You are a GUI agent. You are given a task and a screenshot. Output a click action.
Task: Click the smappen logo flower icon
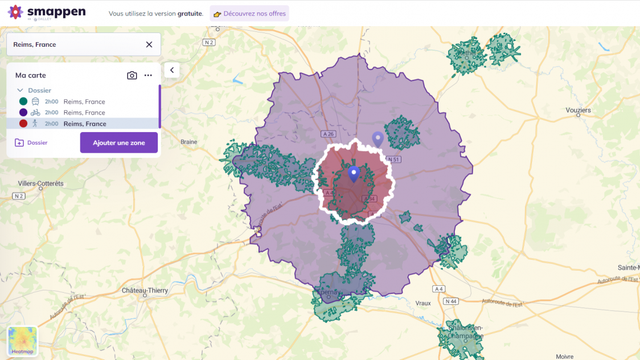coord(15,12)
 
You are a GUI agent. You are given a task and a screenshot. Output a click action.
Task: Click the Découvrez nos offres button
coord(249,13)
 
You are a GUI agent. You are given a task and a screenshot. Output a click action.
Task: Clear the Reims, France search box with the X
coord(149,44)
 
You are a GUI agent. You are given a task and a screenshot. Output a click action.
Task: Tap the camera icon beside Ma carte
coord(132,75)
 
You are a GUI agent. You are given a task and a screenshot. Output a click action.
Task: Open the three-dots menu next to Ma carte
coord(148,75)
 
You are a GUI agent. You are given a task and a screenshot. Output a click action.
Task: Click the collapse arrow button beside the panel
coord(172,70)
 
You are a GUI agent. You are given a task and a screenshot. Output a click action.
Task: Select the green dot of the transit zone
coord(23,101)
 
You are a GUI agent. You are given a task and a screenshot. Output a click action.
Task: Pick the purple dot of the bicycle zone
coord(23,112)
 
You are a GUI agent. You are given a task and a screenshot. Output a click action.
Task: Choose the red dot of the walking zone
coord(23,124)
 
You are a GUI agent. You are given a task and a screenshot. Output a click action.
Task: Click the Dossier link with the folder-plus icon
coord(31,142)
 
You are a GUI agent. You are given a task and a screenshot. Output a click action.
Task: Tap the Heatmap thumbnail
coord(22,341)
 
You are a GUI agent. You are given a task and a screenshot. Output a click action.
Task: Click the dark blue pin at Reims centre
coord(354,173)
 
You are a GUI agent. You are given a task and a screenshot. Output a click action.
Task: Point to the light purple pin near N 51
coord(378,138)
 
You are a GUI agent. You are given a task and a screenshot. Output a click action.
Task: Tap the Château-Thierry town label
coord(145,291)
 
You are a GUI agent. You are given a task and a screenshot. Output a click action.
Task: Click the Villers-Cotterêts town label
coord(41,183)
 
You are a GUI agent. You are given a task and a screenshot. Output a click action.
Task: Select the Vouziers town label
coord(579,110)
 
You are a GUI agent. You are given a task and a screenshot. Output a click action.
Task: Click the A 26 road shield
coord(327,134)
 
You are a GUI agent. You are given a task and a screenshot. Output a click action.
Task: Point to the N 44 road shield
coord(451,301)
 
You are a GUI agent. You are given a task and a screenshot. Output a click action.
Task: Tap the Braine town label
coord(188,142)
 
